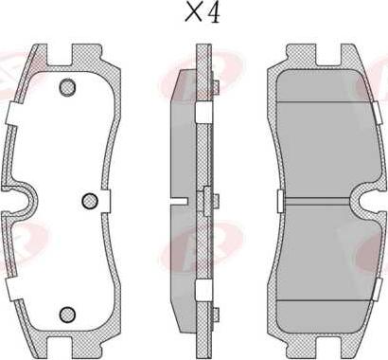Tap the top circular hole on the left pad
click(x=67, y=88)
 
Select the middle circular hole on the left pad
click(x=90, y=201)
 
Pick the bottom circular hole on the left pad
click(x=67, y=314)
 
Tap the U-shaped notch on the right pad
click(x=364, y=201)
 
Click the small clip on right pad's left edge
click(x=279, y=201)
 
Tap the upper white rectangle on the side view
click(x=202, y=112)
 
